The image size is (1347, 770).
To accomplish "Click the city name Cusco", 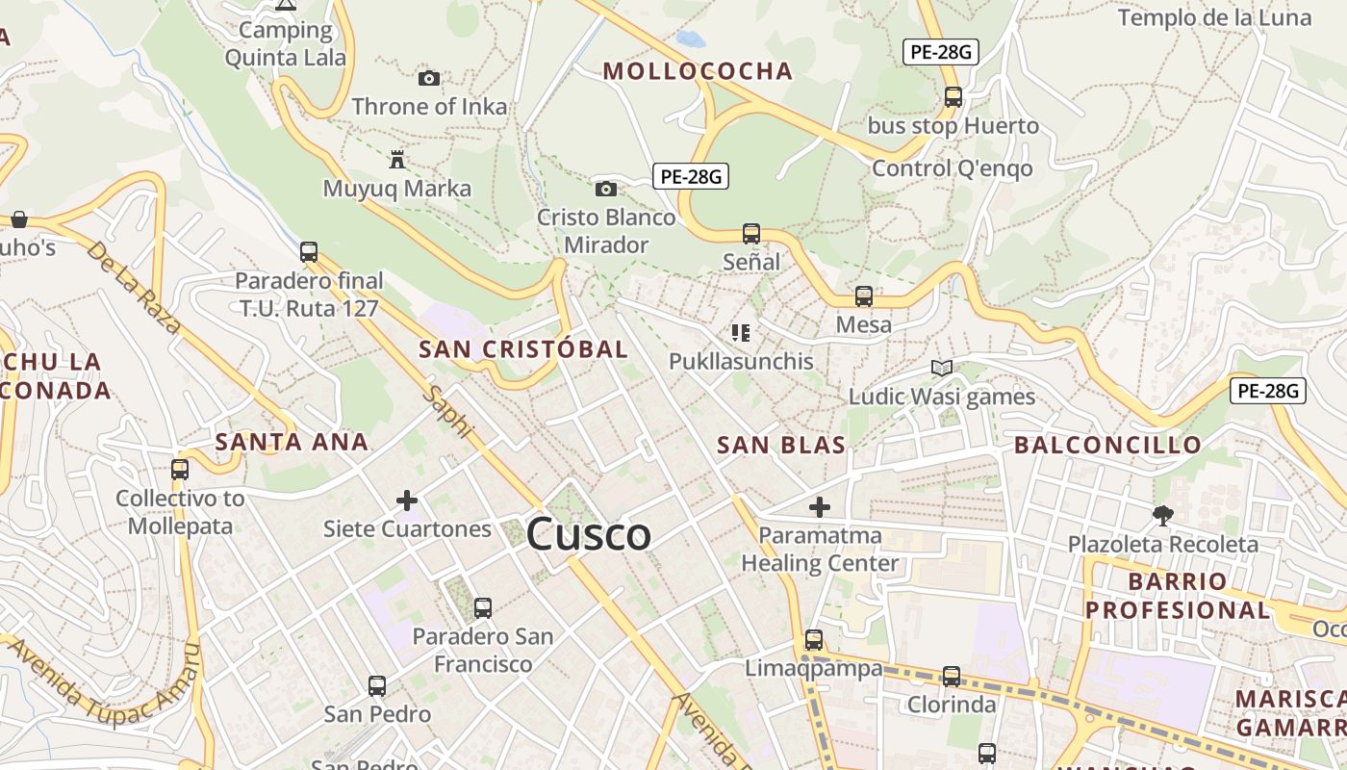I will point(588,534).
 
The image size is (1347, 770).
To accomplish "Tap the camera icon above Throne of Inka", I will point(429,78).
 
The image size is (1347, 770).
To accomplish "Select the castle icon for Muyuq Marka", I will point(397,159).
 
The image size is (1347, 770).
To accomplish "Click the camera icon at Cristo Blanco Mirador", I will point(606,189).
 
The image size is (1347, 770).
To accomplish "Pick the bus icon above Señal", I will point(751,233).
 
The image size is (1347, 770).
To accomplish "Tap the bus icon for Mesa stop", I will point(864,296).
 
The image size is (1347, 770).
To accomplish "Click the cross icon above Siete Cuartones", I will point(407,500).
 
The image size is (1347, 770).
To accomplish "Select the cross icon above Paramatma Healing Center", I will point(820,506).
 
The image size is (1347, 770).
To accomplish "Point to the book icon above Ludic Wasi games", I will point(941,368).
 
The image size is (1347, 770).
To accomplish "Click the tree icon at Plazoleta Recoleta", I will point(1162,516).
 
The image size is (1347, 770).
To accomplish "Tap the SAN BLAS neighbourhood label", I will point(781,445).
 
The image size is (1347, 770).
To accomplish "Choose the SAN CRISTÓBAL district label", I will point(523,349).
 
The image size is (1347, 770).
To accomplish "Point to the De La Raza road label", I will point(134,287).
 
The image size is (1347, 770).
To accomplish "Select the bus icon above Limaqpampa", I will point(814,639).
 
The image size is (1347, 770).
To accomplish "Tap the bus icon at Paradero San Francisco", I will point(483,607).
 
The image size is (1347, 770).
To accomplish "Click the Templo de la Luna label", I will point(1214,17).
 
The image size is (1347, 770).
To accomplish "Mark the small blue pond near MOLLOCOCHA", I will point(690,39).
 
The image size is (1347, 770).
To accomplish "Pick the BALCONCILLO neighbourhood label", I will point(1107,445).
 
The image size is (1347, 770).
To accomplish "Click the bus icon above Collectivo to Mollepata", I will point(180,470).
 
